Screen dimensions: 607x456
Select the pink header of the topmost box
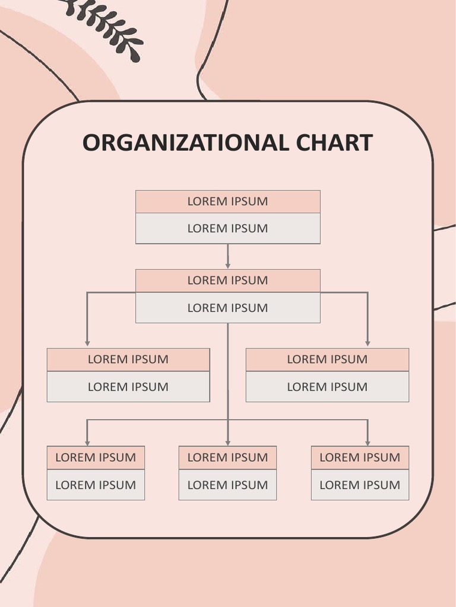228,202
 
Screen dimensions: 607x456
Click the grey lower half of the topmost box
228,229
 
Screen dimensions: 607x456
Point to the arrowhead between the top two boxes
228,266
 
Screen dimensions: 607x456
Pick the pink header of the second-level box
228,280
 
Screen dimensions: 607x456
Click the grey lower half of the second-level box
228,308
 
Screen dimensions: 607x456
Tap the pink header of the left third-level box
128,359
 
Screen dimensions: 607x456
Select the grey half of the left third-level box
128,387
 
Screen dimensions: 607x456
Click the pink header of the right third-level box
327,359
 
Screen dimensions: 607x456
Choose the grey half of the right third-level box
327,387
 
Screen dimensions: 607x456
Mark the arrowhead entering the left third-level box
87,343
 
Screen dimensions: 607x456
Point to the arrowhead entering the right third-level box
368,343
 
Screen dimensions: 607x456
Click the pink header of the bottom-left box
96,458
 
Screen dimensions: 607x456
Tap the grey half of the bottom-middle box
227,485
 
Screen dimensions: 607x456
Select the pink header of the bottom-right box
360,458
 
